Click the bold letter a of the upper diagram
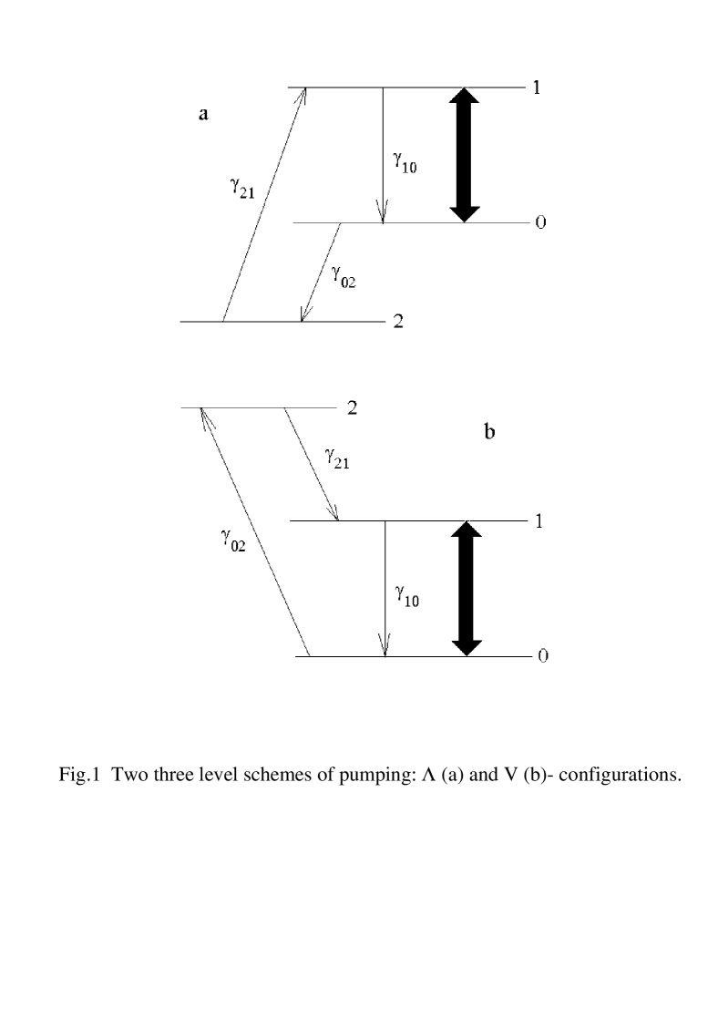pos(204,115)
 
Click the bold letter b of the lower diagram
pos(489,434)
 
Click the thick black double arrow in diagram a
pos(465,155)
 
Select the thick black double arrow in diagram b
pos(467,589)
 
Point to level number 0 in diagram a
pos(541,223)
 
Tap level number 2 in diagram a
pos(398,323)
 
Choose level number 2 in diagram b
pos(352,408)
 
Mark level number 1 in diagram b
pos(541,521)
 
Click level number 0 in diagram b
pos(542,657)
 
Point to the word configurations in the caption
pos(626,783)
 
